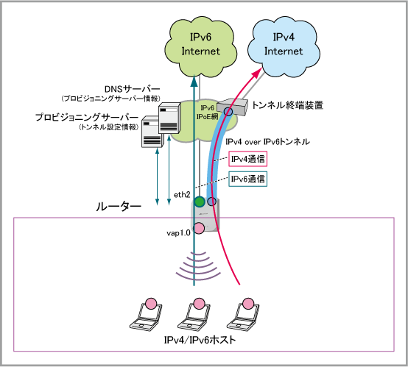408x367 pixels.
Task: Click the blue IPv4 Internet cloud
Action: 284,46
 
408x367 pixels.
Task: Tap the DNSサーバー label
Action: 132,89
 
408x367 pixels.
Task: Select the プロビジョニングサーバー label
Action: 87,117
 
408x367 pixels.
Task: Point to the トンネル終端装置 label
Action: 287,105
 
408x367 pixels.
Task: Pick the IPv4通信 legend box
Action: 247,159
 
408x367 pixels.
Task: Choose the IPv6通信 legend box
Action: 247,179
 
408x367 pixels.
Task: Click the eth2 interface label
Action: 182,194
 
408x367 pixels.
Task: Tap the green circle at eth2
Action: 200,202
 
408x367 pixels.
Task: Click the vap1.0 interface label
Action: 178,233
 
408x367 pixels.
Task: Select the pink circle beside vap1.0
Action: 200,228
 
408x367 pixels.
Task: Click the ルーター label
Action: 119,207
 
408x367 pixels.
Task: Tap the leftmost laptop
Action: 146,315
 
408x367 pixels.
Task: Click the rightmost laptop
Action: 243,315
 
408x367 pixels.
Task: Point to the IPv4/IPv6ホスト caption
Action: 200,340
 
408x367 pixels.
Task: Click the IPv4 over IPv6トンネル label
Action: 268,142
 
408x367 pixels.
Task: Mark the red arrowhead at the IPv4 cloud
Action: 257,72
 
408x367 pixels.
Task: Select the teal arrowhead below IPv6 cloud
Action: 194,80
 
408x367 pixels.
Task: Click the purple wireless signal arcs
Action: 198,266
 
